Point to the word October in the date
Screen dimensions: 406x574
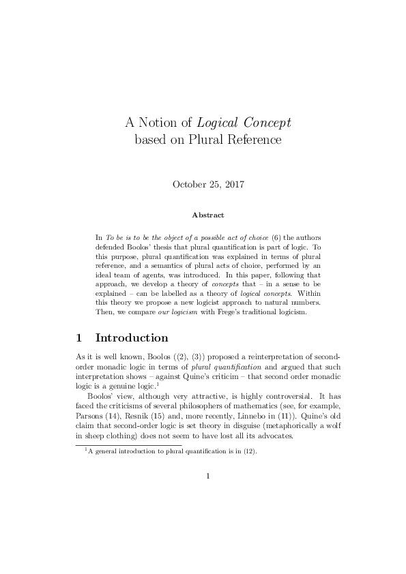click(189, 184)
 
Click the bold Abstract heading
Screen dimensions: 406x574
click(207, 215)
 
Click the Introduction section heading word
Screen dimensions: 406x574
click(132, 338)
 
